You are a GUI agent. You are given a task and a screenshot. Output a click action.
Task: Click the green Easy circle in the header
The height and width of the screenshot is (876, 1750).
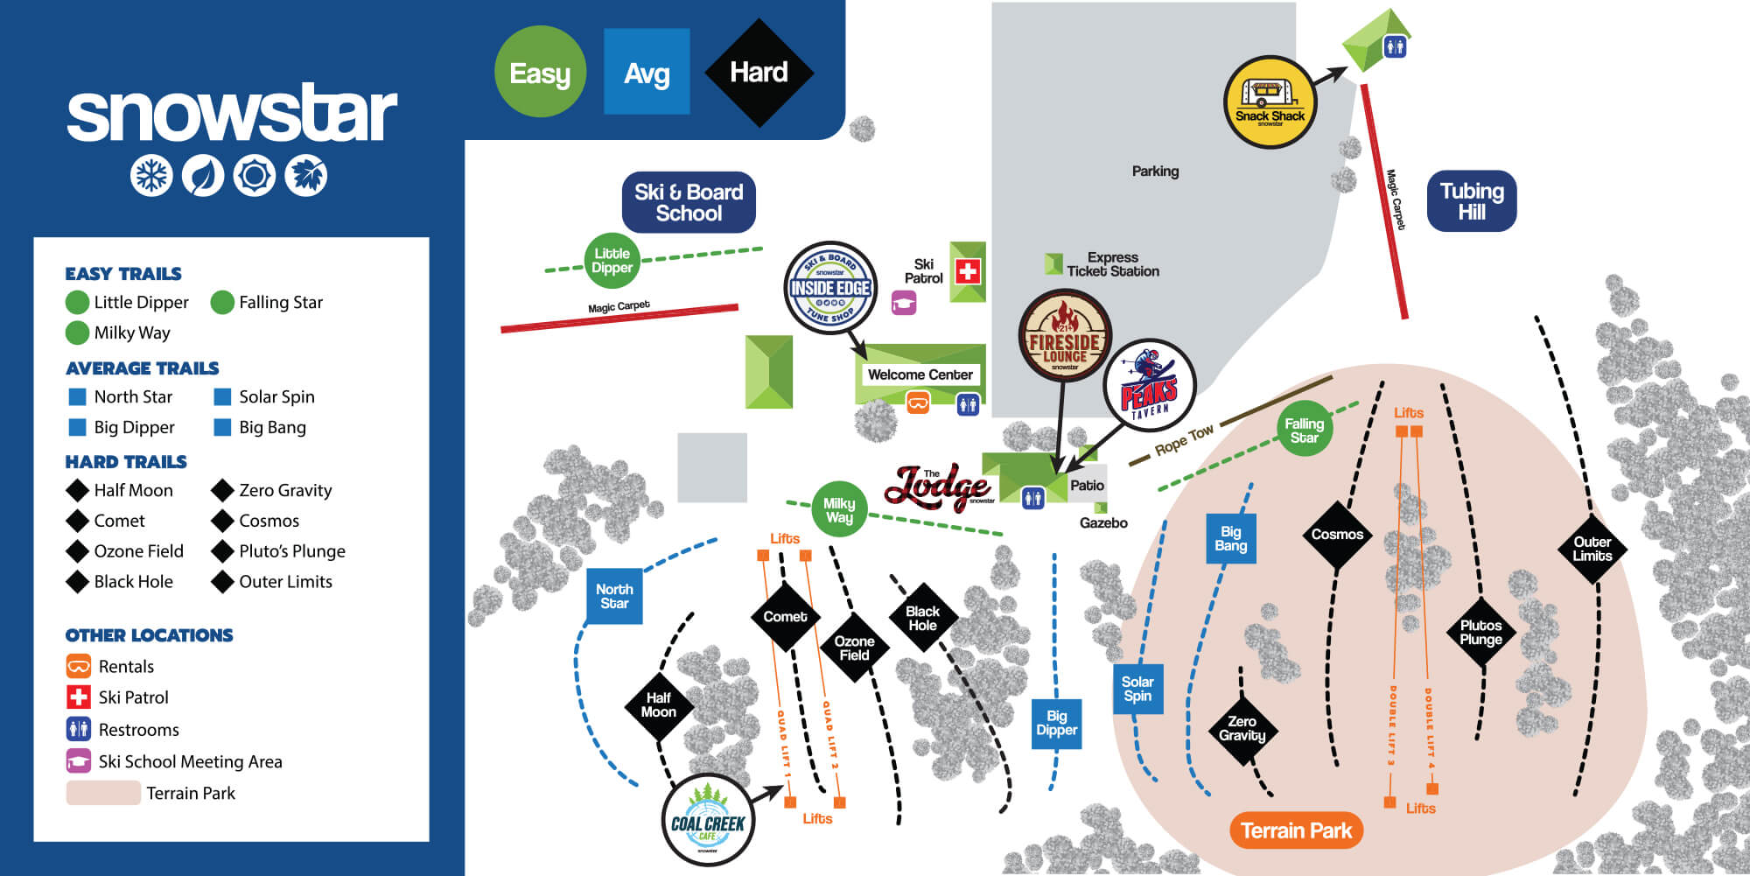pos(540,72)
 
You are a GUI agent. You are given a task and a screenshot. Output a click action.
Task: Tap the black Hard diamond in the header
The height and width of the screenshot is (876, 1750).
pos(759,73)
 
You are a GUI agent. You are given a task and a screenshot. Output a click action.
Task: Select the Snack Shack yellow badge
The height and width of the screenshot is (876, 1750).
pos(1270,102)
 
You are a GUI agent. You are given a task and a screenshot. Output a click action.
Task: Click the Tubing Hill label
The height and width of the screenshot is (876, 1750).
pos(1472,201)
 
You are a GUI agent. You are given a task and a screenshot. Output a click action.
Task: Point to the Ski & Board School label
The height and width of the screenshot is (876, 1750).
pos(689,202)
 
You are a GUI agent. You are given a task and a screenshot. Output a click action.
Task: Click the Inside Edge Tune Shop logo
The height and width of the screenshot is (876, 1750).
pos(829,288)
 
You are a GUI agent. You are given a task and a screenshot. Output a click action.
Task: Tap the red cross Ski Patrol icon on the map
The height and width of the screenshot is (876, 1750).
pos(968,271)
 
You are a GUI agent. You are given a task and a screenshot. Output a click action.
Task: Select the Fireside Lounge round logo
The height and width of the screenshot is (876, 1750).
pos(1064,336)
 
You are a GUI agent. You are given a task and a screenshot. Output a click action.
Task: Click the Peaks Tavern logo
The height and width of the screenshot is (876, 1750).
pos(1149,386)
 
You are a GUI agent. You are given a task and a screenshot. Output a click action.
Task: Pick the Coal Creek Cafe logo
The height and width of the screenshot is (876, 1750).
pos(707,820)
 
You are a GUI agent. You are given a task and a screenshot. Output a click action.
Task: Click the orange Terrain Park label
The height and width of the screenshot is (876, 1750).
pos(1296,830)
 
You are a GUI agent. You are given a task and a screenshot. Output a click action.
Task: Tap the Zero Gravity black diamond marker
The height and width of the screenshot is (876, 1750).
pos(1242,728)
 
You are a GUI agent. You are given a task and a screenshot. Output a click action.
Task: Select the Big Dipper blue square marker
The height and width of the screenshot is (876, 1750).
pos(1056,723)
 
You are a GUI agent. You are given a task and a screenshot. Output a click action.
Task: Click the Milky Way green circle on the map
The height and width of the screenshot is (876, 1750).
pos(838,509)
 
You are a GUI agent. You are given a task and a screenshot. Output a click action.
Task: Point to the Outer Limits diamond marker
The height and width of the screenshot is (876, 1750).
pos(1592,549)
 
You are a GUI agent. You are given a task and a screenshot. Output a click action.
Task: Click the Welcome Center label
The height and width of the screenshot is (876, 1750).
pos(920,375)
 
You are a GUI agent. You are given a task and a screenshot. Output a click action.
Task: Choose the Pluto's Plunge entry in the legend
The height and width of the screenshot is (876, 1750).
pos(291,551)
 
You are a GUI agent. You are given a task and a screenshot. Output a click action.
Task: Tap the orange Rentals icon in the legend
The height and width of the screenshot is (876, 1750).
pos(79,667)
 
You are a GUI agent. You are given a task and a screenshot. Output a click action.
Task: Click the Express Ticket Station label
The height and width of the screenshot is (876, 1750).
pos(1112,264)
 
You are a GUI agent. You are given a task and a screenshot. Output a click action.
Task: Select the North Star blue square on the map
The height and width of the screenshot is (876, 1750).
pos(614,596)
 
